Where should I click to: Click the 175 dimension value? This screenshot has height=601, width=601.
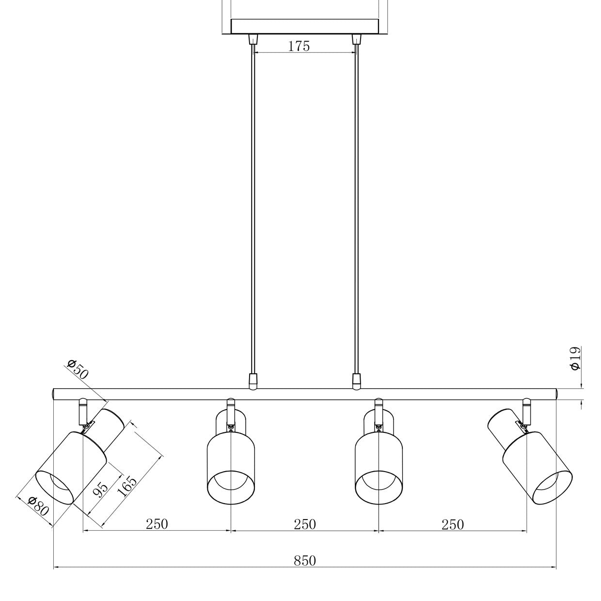(299, 46)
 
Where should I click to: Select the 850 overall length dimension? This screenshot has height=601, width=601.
(305, 560)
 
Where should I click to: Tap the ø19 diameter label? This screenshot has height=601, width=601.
(575, 358)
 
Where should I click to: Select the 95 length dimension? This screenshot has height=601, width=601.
(100, 490)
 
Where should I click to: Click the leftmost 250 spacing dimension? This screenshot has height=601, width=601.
(157, 524)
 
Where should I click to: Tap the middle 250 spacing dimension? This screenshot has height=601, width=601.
(305, 524)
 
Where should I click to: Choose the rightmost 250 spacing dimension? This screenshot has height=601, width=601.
(452, 524)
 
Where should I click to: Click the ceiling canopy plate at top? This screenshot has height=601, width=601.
(304, 26)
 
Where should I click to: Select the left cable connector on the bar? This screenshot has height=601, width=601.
(253, 381)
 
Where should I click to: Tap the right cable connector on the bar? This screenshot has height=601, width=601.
(357, 381)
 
